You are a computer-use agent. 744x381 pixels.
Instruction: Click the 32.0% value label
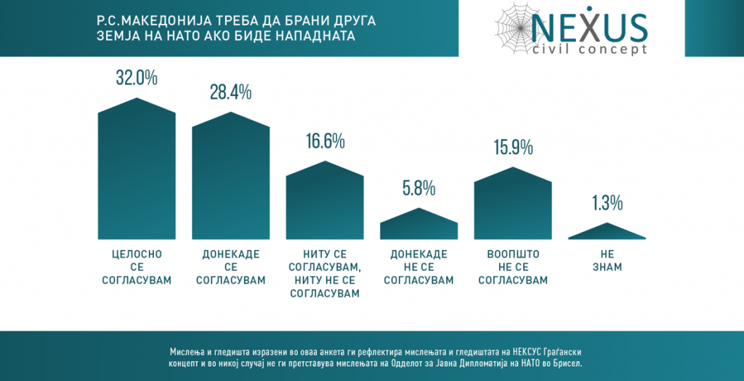point(137,77)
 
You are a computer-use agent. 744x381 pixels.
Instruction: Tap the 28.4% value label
point(230,92)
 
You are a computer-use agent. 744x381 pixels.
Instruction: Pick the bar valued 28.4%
point(230,182)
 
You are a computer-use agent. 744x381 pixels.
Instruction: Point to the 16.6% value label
point(324,141)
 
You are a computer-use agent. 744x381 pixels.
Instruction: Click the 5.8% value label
point(418,188)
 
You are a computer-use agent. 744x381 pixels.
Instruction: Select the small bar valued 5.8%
point(418,226)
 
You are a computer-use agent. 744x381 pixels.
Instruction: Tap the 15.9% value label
point(512,147)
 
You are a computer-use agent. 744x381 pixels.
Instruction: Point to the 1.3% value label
point(607,204)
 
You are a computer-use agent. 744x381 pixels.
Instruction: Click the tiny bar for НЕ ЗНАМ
point(607,233)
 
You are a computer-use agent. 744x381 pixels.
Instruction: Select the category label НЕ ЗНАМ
point(607,260)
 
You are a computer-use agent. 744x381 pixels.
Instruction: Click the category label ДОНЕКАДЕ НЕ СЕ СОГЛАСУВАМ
point(418,267)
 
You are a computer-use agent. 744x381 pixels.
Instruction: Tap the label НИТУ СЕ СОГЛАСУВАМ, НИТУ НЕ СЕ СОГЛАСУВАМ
point(324,273)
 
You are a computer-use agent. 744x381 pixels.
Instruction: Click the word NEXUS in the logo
point(589,28)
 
